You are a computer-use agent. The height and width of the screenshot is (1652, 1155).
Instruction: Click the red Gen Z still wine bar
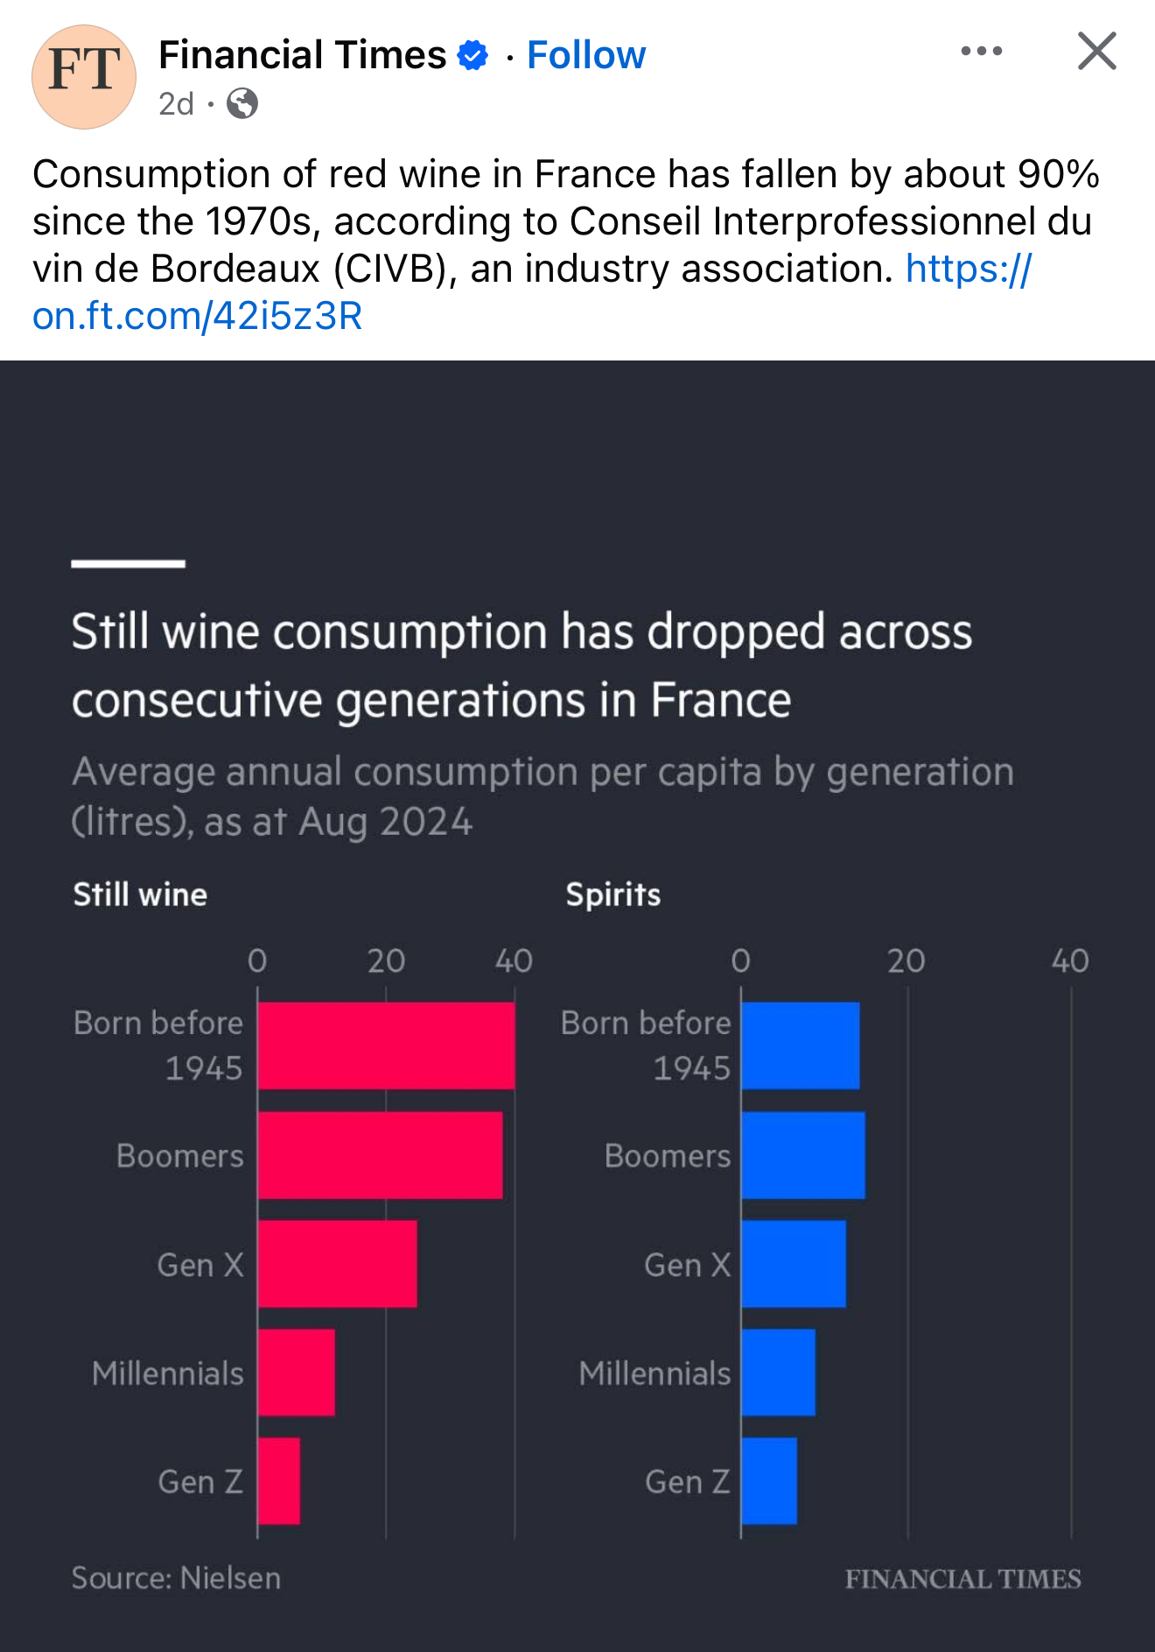279,1480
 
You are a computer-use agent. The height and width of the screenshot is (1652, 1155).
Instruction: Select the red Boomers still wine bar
381,1155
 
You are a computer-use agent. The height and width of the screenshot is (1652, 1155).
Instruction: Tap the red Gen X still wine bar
338,1263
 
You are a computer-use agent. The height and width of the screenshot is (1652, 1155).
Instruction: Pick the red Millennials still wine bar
297,1372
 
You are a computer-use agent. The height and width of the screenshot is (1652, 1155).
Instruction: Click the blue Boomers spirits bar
803,1155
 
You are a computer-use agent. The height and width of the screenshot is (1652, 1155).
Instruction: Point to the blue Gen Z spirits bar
769,1480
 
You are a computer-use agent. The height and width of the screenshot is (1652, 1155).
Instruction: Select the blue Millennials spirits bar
779,1372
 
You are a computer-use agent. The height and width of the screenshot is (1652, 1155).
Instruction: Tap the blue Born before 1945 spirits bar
801,1046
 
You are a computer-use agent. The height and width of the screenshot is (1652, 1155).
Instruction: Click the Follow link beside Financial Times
586,55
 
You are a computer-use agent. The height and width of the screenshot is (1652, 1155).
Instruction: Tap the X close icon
1096,51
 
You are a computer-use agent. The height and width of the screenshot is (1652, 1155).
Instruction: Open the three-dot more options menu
981,51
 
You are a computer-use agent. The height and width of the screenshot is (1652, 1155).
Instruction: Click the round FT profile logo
84,77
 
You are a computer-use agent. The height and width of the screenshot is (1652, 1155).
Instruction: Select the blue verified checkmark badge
473,55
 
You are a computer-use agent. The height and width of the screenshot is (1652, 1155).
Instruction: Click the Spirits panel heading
612,894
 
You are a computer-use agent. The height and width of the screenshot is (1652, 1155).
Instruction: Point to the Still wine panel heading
140,894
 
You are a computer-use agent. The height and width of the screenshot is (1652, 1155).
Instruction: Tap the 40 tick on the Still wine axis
514,961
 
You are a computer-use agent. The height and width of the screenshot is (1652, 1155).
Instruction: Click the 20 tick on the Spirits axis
906,961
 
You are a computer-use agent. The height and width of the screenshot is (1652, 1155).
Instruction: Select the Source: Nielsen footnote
176,1578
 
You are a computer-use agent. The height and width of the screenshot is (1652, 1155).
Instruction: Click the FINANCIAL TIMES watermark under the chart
962,1578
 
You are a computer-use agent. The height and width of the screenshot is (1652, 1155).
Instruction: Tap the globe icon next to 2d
242,104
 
